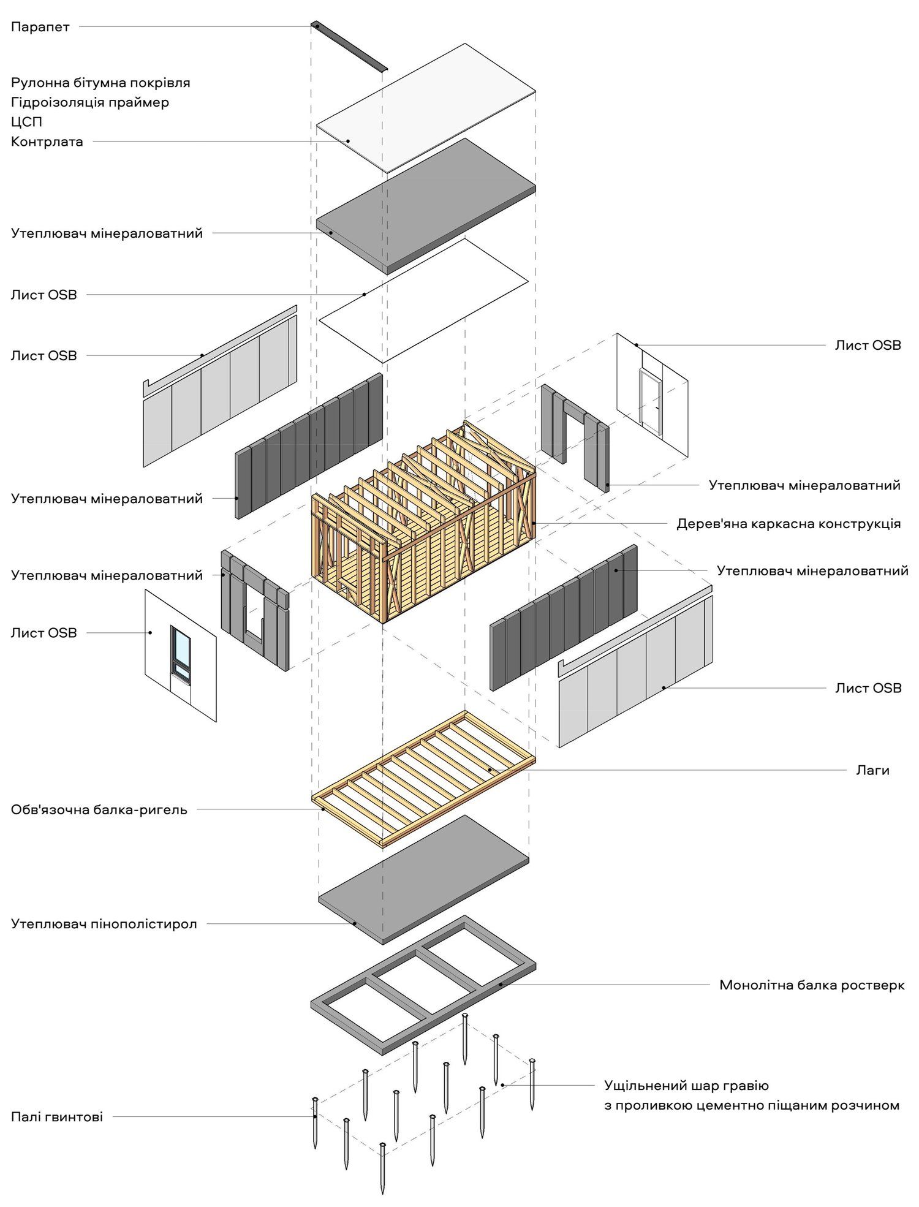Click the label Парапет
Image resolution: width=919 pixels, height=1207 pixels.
tap(40, 27)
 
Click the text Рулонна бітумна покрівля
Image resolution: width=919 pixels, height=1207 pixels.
tap(100, 82)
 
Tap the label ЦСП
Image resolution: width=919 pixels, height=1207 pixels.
tap(26, 122)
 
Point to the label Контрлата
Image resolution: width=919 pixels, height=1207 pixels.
tap(47, 142)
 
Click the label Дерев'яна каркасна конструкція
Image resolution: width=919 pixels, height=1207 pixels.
tap(789, 523)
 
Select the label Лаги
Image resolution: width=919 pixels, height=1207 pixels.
tap(872, 770)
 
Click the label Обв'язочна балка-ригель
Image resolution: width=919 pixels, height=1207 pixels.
tap(99, 809)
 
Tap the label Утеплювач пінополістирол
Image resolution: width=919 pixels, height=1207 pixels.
tap(104, 923)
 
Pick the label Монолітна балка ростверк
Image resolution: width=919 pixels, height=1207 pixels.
tap(812, 985)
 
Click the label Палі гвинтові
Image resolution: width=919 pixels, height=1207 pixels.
tap(57, 1116)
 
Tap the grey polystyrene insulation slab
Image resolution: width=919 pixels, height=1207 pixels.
tap(423, 879)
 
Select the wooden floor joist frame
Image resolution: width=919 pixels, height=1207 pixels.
tap(423, 778)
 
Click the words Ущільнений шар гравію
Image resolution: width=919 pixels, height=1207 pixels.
tap(686, 1085)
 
